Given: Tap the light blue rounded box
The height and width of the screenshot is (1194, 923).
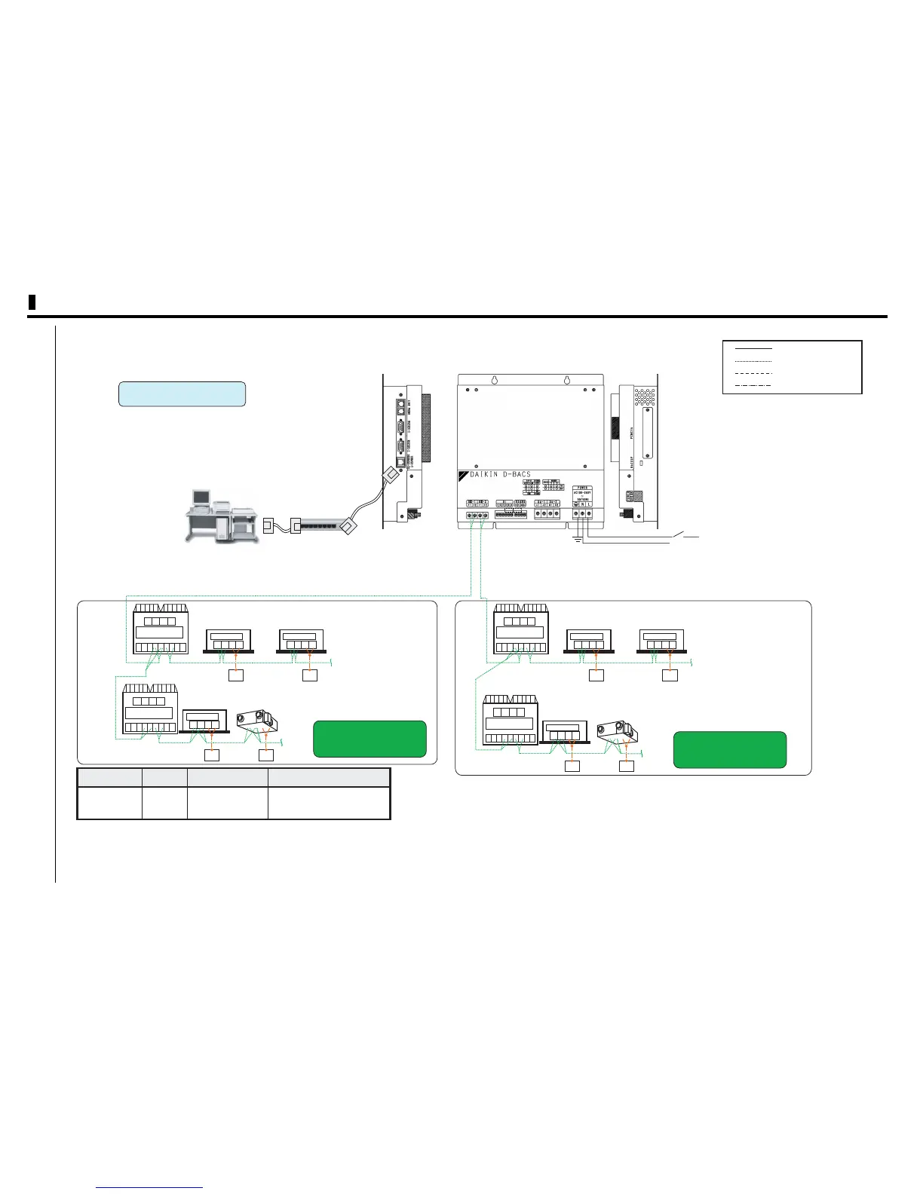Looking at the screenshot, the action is [x=182, y=394].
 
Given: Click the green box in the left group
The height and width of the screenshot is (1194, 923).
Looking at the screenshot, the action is [x=370, y=739].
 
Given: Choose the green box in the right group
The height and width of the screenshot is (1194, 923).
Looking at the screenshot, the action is [x=729, y=749].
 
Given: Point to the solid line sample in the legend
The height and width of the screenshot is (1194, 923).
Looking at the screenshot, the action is [x=753, y=350].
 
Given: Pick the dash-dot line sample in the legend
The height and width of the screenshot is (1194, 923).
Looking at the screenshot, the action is [x=753, y=385].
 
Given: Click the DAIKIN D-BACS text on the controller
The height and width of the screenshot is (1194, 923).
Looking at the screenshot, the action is [x=501, y=475].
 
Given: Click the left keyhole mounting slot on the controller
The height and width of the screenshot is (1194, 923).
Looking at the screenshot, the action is [x=495, y=381].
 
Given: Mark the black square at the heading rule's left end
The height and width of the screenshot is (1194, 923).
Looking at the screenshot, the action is [x=32, y=302].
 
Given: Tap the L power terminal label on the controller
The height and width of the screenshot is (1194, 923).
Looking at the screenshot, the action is [x=589, y=504].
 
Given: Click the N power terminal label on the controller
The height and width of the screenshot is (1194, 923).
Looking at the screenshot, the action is [x=582, y=504].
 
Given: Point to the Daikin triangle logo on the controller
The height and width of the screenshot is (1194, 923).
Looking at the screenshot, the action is [x=464, y=476].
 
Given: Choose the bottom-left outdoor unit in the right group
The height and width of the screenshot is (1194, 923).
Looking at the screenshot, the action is [x=511, y=720].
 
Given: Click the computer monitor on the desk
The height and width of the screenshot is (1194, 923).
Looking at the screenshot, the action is [x=201, y=498].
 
